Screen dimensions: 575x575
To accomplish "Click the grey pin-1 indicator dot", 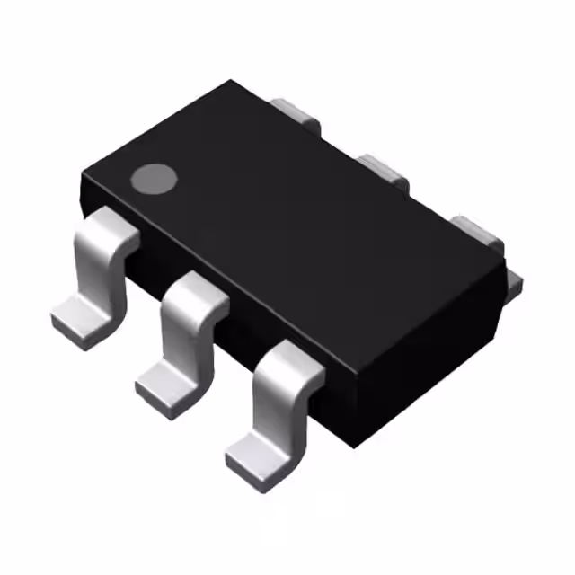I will pyautogui.click(x=152, y=179).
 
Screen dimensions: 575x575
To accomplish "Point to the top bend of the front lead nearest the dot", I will pyautogui.click(x=109, y=226).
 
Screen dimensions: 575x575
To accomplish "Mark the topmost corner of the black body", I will pyautogui.click(x=234, y=82).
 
